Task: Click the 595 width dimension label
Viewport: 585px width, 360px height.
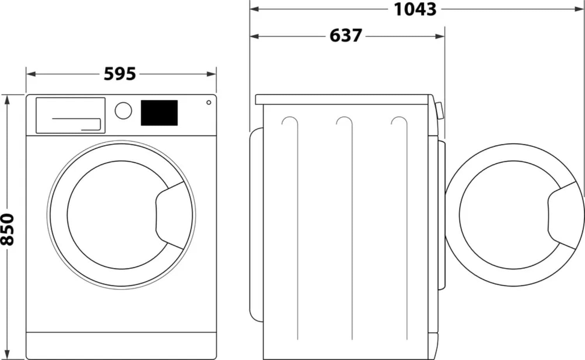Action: point(120,74)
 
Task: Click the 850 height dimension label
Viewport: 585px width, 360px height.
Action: point(7,229)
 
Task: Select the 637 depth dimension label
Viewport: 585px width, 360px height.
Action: point(346,35)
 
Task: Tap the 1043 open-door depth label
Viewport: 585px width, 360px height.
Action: point(415,9)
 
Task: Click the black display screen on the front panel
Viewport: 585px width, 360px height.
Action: point(159,113)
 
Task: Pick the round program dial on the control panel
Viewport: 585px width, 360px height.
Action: point(123,111)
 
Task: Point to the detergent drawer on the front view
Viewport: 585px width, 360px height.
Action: point(71,115)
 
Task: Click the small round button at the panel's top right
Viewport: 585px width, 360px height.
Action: point(209,102)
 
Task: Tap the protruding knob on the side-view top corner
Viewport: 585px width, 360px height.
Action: point(440,110)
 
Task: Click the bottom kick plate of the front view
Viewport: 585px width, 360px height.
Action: point(121,346)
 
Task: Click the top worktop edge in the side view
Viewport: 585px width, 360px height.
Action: point(343,99)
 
